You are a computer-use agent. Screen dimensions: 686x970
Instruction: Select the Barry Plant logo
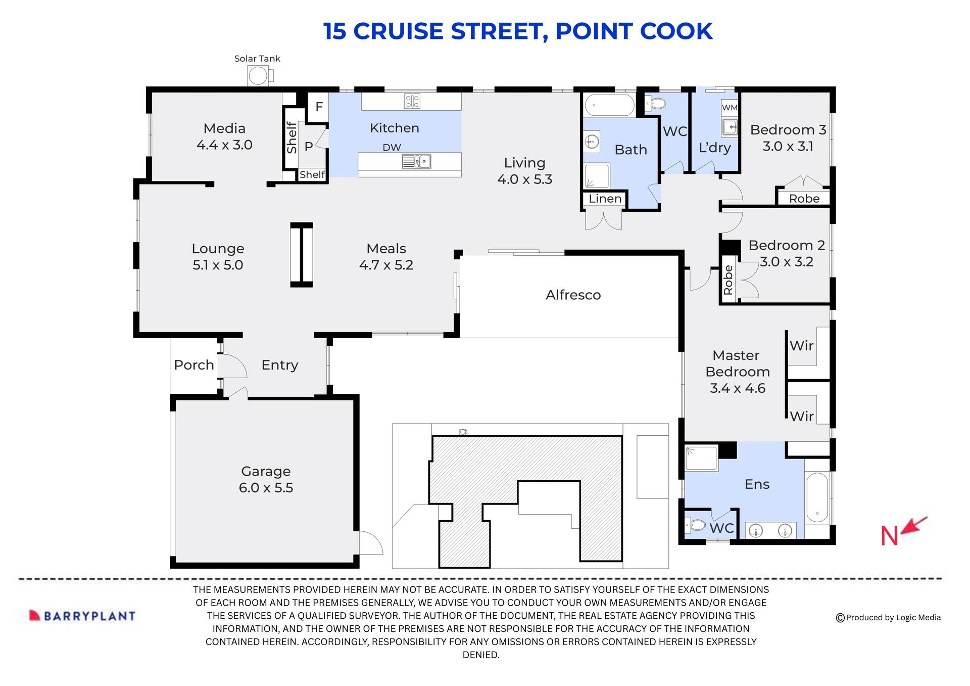pos(82,616)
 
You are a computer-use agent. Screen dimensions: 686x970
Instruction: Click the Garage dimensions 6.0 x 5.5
pos(266,488)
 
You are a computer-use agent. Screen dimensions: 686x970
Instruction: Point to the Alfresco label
pos(573,295)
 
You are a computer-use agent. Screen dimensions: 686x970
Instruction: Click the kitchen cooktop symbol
pos(412,101)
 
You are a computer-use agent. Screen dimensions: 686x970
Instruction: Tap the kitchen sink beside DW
pos(417,162)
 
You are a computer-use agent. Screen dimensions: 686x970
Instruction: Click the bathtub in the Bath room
pos(609,106)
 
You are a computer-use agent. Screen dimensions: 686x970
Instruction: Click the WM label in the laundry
pos(729,108)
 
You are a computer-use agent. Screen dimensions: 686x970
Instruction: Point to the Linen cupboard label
pos(605,199)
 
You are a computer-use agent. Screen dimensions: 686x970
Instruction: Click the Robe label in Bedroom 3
pos(804,199)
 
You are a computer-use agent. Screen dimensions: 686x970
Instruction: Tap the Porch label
pos(193,365)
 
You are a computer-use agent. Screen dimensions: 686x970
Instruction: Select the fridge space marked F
pos(319,107)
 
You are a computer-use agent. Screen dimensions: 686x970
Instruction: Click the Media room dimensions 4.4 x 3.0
pos(224,145)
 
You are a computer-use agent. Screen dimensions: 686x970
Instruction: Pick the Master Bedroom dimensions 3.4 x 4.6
pos(737,388)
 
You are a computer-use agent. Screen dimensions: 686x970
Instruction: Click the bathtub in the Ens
pos(816,498)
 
